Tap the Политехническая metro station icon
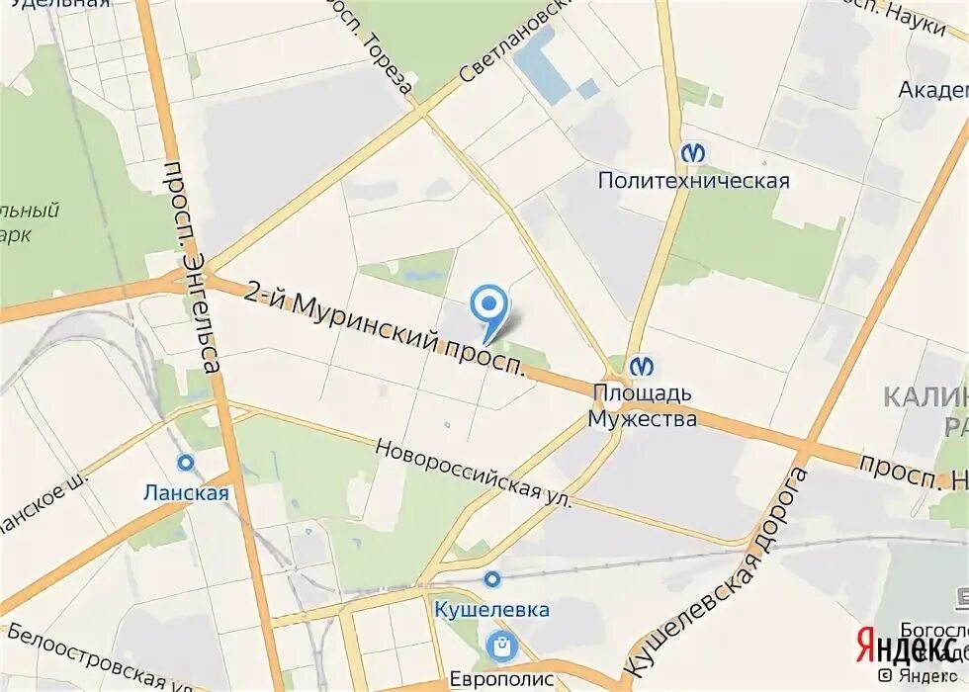tap(693, 153)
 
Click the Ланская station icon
tap(185, 463)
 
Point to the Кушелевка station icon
tap(491, 578)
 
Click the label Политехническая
tap(693, 181)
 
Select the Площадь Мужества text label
tap(643, 405)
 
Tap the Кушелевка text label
tap(491, 609)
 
